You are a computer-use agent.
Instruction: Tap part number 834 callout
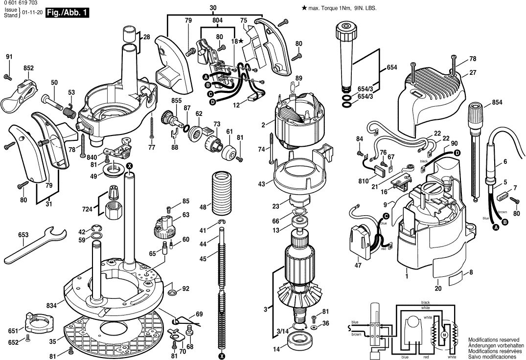click(51, 306)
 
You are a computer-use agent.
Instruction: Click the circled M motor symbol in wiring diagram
click(444, 334)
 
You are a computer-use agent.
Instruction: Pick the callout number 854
click(497, 102)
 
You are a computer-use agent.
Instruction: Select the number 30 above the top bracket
click(213, 8)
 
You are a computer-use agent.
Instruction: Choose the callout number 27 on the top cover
click(473, 72)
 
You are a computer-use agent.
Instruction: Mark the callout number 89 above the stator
click(299, 78)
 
